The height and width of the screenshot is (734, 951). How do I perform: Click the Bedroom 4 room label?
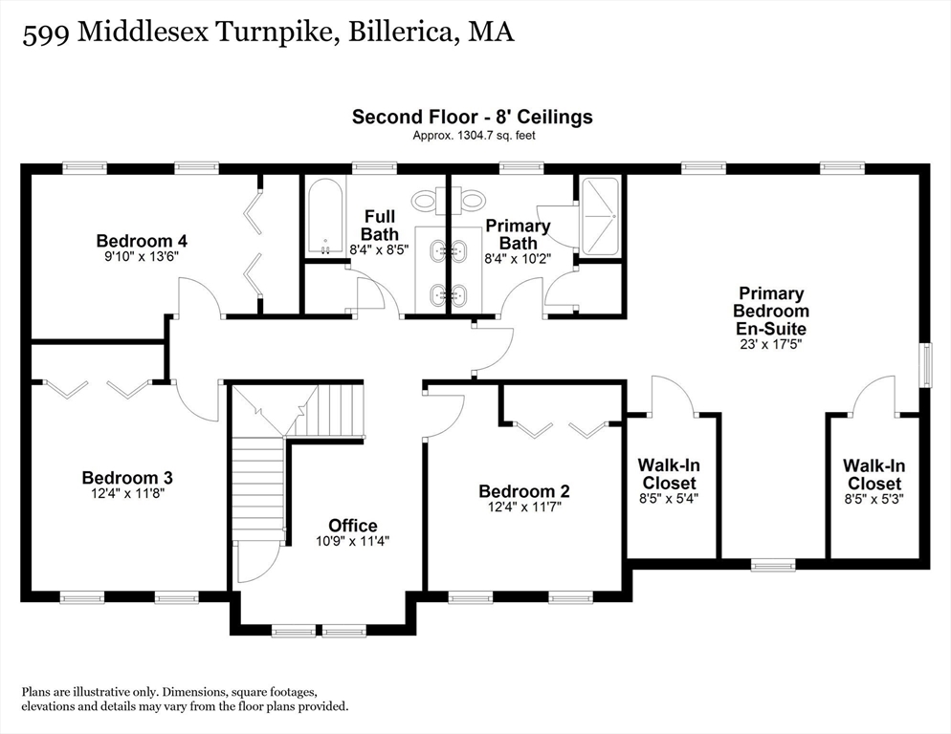(142, 241)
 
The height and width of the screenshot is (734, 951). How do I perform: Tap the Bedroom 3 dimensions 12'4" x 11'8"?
(128, 493)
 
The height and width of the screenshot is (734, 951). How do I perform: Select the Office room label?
(353, 526)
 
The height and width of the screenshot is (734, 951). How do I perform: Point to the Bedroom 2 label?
(524, 491)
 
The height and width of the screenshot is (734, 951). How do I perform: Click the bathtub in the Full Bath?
(325, 216)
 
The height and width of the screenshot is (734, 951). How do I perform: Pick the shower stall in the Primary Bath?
(600, 216)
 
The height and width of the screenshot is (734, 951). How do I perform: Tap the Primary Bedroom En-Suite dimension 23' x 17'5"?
(771, 344)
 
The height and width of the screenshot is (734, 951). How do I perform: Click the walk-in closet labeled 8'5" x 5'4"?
(669, 482)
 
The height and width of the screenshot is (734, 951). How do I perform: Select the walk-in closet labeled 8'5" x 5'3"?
(874, 483)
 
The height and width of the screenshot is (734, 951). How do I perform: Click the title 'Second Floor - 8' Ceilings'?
(473, 117)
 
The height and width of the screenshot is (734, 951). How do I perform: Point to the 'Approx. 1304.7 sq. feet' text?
(474, 136)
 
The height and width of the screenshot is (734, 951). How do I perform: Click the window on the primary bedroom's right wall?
(925, 365)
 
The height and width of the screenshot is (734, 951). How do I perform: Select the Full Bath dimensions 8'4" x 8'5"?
(380, 248)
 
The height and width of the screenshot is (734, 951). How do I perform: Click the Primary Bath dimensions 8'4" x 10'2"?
(518, 258)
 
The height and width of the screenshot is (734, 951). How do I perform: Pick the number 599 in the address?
(46, 32)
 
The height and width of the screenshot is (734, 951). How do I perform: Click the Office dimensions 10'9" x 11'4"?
(352, 541)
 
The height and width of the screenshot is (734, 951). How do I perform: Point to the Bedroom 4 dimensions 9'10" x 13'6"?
(142, 256)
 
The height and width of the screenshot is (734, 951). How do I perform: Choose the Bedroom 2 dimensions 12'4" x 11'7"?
(524, 507)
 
